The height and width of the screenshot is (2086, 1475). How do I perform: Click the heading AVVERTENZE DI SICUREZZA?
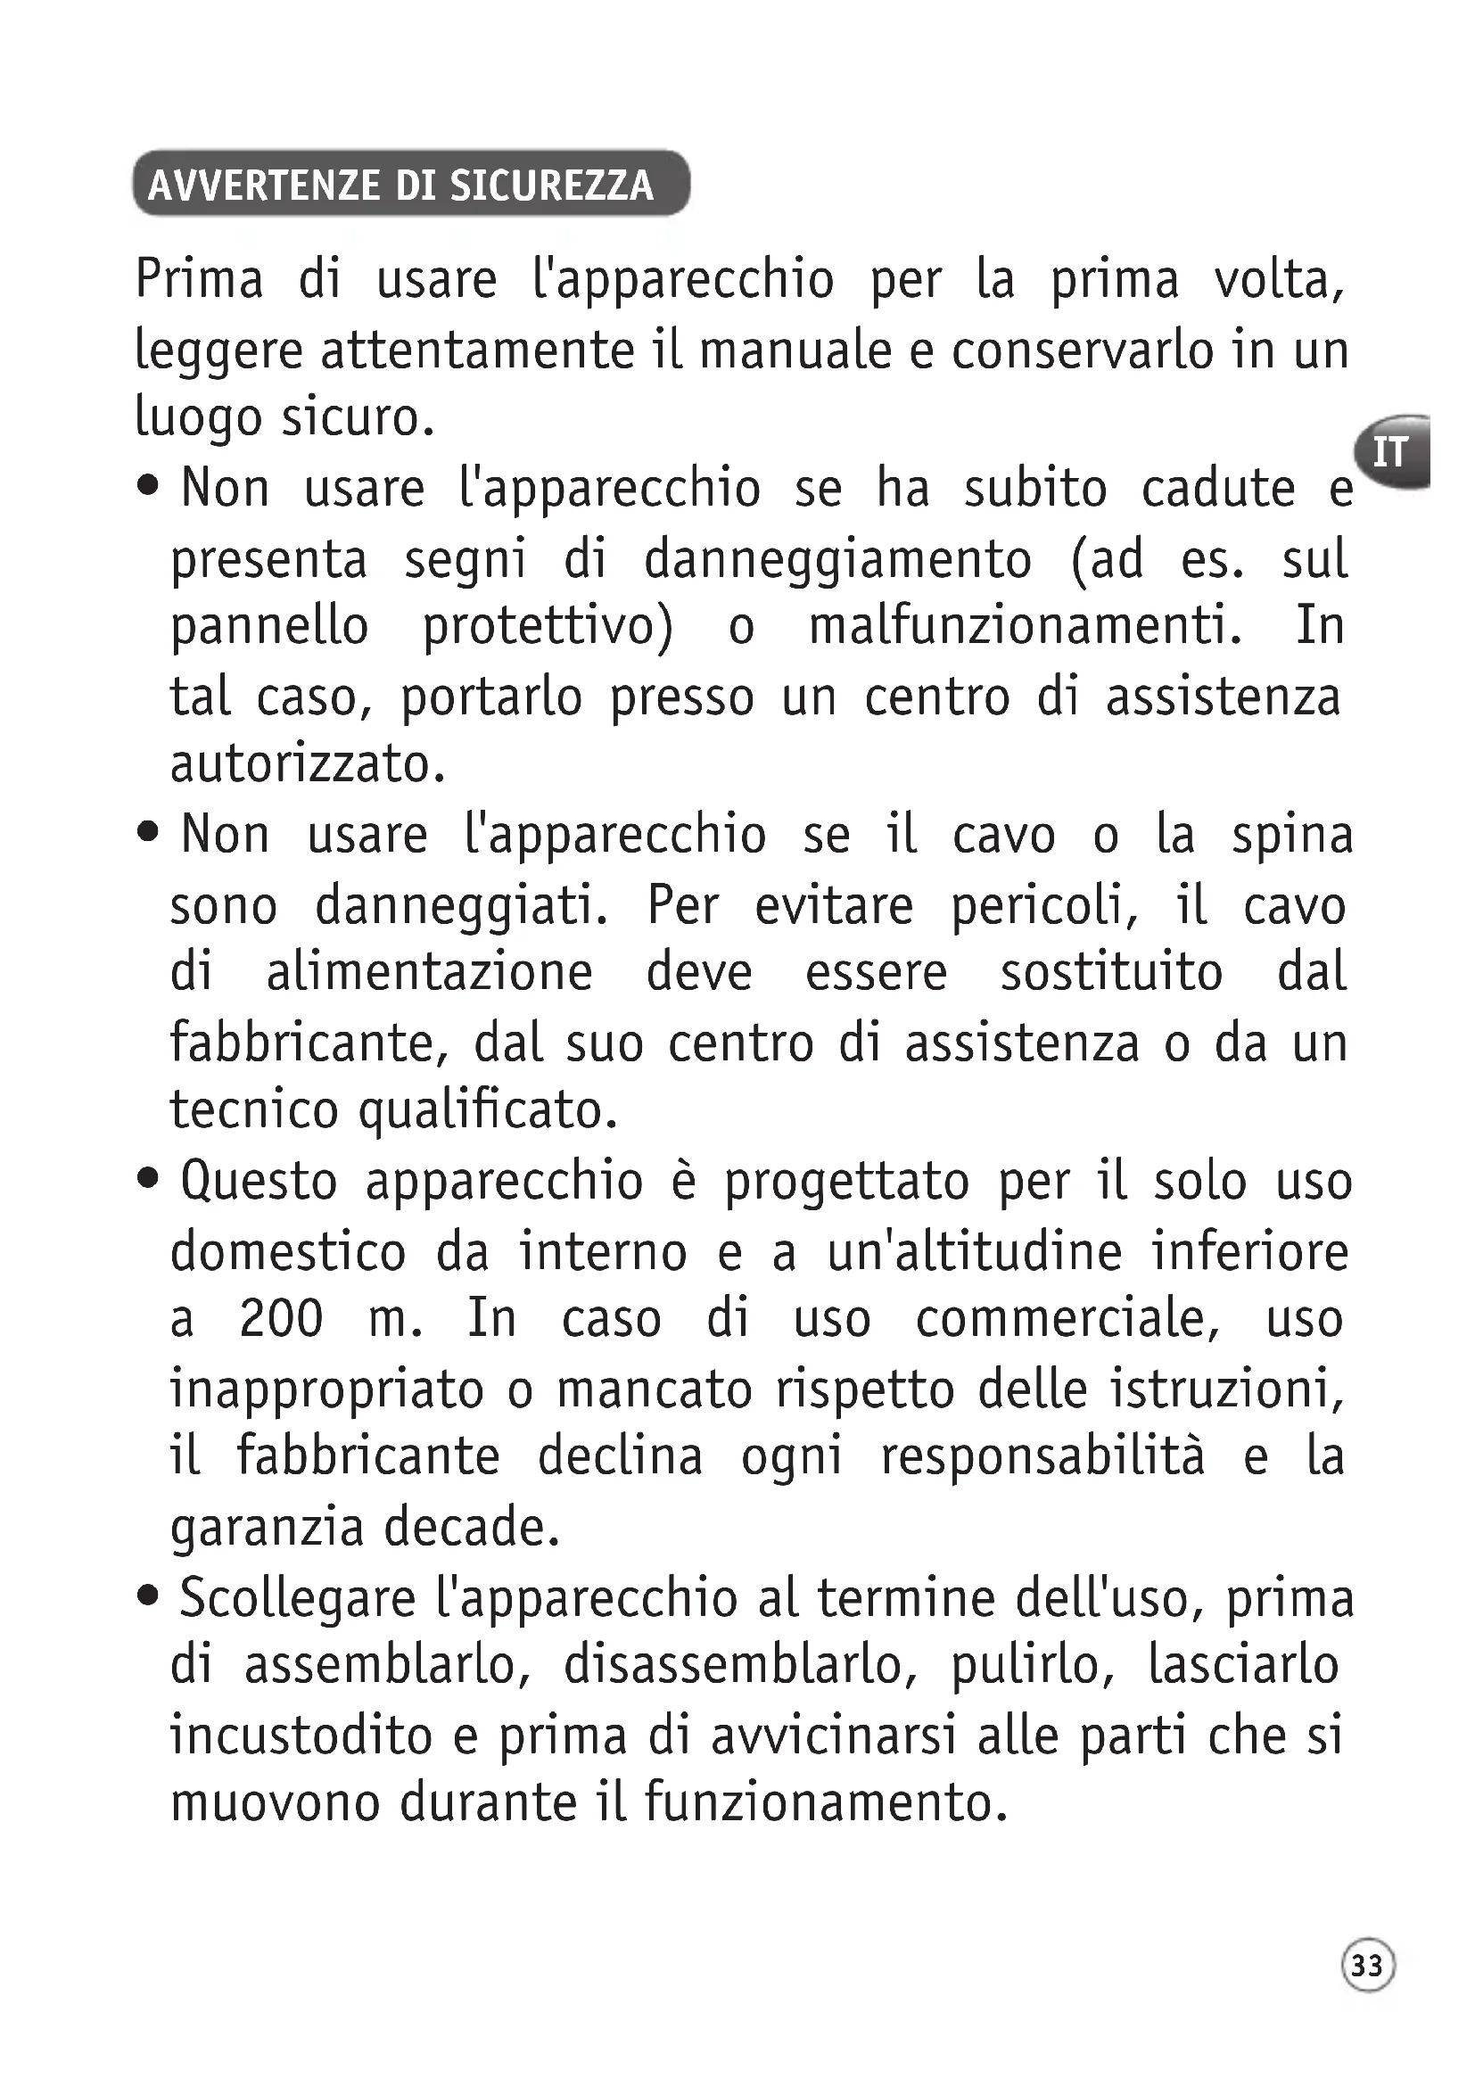click(400, 185)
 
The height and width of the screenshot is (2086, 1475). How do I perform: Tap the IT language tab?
click(1389, 451)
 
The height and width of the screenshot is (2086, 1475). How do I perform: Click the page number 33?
click(1367, 1966)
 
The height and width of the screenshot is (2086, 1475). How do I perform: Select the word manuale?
click(795, 350)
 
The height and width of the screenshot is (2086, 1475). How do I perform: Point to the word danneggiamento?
click(837, 560)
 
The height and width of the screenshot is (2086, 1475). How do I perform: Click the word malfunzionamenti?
click(1026, 627)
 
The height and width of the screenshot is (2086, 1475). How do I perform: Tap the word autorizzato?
click(307, 764)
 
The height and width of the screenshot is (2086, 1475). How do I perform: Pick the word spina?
click(1291, 835)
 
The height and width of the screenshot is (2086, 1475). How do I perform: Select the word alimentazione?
click(429, 972)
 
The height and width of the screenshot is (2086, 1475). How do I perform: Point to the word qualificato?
click(488, 1110)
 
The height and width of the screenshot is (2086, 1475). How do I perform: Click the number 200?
click(281, 1318)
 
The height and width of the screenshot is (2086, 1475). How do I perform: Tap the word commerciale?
click(1067, 1318)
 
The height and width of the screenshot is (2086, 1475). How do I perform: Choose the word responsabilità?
click(1042, 1456)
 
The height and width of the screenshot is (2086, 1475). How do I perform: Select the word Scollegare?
click(297, 1598)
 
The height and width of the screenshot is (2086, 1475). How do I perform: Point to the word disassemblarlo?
click(740, 1665)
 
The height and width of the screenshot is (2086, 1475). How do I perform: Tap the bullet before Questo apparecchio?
click(148, 1179)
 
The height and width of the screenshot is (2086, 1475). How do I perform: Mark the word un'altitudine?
click(975, 1251)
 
